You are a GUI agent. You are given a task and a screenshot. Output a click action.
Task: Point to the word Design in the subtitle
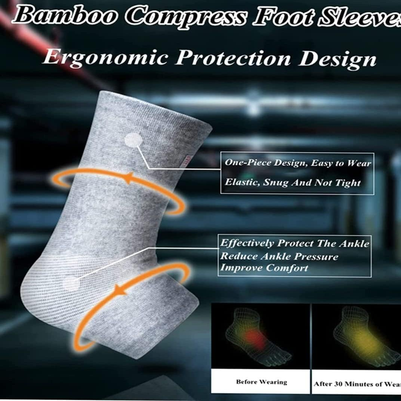337,59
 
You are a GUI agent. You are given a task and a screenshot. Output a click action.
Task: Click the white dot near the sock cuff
133,140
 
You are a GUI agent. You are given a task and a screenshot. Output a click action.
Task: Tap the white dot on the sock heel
71,282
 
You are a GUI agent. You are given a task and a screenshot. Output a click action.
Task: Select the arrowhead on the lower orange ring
119,289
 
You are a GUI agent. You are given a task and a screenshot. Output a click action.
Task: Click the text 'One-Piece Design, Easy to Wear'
298,163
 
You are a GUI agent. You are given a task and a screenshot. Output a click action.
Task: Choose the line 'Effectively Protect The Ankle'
294,244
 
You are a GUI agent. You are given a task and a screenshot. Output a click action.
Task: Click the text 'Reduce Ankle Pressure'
279,256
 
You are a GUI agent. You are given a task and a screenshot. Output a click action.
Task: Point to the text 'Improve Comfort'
264,268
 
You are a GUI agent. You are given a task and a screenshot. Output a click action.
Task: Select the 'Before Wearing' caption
261,382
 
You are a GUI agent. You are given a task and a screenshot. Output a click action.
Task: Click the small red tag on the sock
186,161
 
